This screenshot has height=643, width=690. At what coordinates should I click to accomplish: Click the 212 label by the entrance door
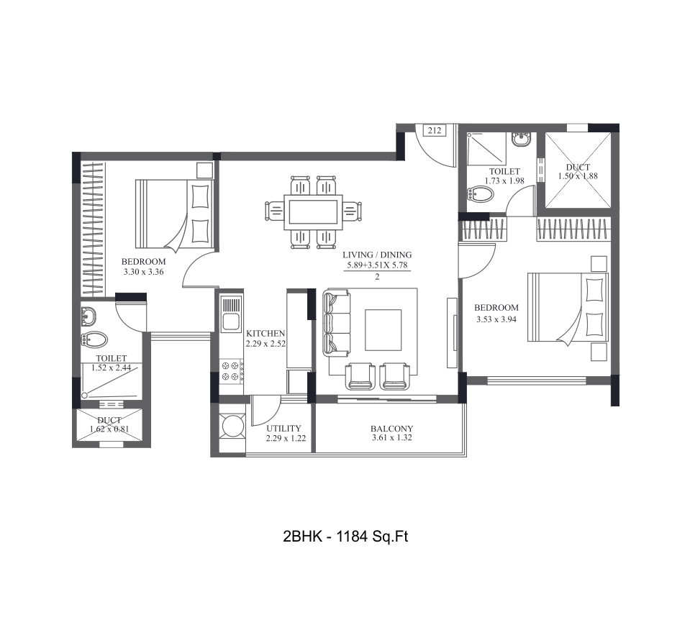(434, 130)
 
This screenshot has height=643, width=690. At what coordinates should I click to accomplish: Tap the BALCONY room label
(392, 429)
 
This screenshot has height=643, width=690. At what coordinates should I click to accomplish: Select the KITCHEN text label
(265, 334)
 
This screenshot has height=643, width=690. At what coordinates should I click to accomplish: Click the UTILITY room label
(283, 429)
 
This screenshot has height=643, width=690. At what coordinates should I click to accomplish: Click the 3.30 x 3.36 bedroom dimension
(143, 273)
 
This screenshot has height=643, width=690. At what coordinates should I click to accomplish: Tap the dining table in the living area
(312, 212)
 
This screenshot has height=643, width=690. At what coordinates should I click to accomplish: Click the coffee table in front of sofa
(383, 329)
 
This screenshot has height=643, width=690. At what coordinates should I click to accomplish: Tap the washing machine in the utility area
(232, 427)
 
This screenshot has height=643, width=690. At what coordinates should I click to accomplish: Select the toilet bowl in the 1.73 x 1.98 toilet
(481, 194)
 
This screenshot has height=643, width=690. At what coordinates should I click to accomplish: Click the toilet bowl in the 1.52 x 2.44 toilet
(96, 339)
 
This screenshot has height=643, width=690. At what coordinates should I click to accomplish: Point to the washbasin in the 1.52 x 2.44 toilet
(89, 315)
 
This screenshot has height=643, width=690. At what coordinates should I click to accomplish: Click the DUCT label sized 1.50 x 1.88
(577, 168)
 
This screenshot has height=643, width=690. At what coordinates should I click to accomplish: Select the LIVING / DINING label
(378, 255)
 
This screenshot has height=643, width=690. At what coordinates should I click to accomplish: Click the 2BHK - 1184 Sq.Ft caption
(346, 536)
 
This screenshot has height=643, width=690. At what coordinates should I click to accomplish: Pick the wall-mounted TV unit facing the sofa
(451, 332)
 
